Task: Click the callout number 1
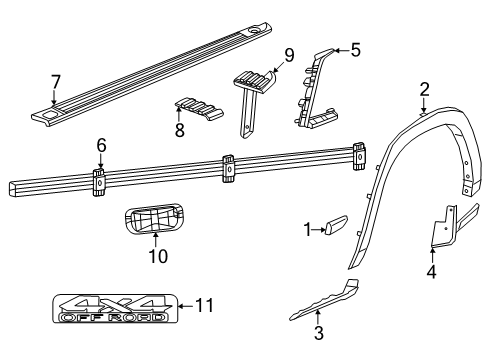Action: point(307,229)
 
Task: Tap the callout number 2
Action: point(424,90)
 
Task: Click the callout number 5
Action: point(355,47)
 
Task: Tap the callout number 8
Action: point(178,129)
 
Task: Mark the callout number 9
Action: point(288,56)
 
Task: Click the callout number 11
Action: point(204,306)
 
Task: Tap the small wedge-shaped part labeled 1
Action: point(334,225)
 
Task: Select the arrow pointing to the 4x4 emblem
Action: point(185,306)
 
